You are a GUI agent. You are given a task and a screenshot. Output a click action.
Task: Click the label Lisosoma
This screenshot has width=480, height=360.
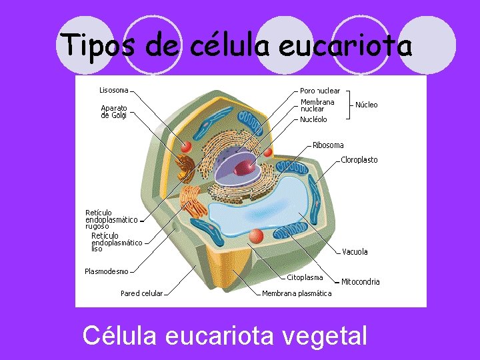(113, 90)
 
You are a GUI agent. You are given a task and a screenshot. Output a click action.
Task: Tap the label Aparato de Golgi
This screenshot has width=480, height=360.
(113, 111)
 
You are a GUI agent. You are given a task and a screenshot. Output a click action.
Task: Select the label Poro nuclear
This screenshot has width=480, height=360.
(320, 91)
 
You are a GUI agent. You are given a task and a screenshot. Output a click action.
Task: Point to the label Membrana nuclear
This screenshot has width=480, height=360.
(317, 105)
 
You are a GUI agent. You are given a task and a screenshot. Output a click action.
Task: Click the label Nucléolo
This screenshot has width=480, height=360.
(313, 120)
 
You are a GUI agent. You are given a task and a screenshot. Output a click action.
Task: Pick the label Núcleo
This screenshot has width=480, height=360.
(366, 105)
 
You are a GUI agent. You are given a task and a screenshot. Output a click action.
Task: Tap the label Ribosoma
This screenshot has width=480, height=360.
(328, 145)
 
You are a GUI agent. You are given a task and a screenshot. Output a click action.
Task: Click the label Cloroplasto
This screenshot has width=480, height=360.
(359, 160)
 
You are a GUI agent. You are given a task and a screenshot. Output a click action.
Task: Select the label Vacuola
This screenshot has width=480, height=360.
(355, 252)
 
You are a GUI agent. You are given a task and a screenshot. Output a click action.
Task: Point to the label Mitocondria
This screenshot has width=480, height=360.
(360, 282)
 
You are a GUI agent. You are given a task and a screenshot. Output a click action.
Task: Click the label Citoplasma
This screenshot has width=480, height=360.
(305, 277)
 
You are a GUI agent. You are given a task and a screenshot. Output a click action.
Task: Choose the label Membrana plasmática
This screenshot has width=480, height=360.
(296, 293)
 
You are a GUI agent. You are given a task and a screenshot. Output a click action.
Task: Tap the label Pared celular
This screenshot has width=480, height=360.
(141, 293)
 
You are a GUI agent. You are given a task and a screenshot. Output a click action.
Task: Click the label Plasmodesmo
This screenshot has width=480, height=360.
(106, 271)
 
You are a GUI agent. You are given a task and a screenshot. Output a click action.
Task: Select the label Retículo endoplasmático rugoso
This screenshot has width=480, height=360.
(111, 219)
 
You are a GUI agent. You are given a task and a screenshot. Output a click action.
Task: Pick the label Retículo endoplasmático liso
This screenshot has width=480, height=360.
(116, 243)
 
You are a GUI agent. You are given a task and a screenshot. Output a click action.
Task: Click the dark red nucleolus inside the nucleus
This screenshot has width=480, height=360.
(247, 167)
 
